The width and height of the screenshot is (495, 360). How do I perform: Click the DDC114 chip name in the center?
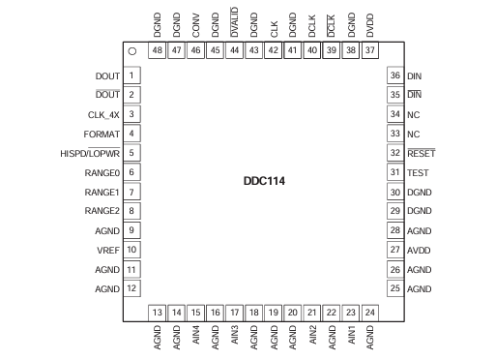(x=264, y=180)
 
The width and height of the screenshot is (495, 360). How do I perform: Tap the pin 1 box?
(x=131, y=75)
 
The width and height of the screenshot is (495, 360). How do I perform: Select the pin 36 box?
(x=393, y=75)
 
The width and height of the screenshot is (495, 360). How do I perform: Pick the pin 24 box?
(x=370, y=312)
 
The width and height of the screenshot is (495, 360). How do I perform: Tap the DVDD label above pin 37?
(x=370, y=22)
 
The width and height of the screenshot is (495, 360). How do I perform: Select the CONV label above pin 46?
(x=196, y=22)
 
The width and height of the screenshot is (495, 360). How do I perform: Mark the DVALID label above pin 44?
(x=235, y=20)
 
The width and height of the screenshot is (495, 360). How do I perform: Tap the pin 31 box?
(x=393, y=172)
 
